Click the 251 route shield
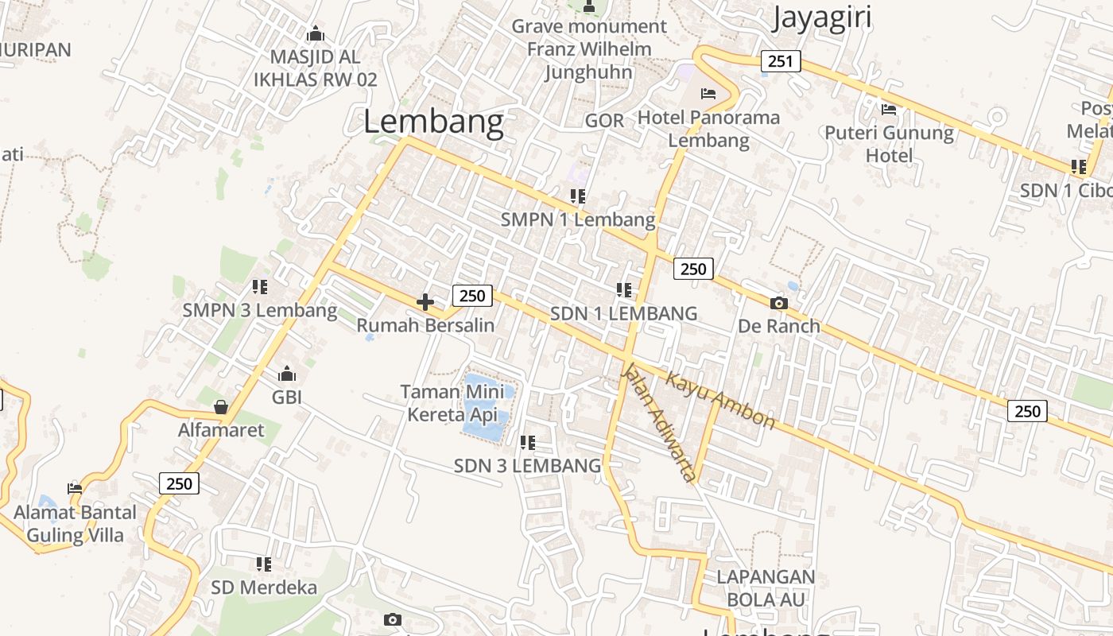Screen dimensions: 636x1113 pos(780,61)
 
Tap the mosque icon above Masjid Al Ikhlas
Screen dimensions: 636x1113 pos(316,34)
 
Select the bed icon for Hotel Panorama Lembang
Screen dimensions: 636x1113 pos(708,94)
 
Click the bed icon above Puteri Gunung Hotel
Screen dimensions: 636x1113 pos(889,109)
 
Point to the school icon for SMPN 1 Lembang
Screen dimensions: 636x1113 pos(578,196)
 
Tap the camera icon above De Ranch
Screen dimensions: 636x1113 pos(779,303)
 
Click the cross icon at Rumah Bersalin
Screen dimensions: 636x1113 pos(425,302)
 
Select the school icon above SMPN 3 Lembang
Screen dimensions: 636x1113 pos(260,286)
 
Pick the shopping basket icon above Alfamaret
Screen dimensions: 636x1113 pos(221,407)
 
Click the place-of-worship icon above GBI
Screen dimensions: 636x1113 pos(287,374)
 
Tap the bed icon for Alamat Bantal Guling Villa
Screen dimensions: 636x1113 pos(75,488)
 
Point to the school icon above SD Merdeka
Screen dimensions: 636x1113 pos(264,564)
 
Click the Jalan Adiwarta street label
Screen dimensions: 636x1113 pos(657,421)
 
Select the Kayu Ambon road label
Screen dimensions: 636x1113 pos(719,400)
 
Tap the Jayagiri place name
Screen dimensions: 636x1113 pos(821,17)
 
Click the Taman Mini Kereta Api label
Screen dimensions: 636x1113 pos(452,403)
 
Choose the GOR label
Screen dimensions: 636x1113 pos(604,121)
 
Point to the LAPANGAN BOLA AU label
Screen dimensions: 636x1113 pos(766,588)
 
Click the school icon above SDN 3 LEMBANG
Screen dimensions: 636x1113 pos(527,442)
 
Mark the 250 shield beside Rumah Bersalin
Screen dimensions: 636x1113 pos(472,296)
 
